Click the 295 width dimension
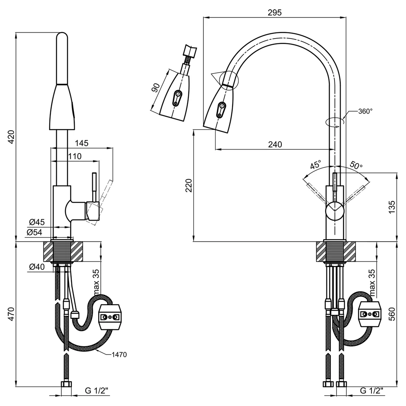point(275,13)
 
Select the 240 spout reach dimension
point(275,144)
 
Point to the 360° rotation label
point(365,111)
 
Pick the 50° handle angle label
point(356,165)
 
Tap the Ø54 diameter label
point(34,232)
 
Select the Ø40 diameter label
point(37,266)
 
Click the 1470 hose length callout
point(119,354)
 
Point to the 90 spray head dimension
point(155,88)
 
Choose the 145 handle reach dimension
point(82,143)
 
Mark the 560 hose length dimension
point(392,314)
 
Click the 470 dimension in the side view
point(11,314)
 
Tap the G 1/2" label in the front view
point(371,391)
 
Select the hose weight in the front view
point(370,314)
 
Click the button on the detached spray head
point(177,97)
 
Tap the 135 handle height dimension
point(392,207)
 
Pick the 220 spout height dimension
point(189,186)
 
